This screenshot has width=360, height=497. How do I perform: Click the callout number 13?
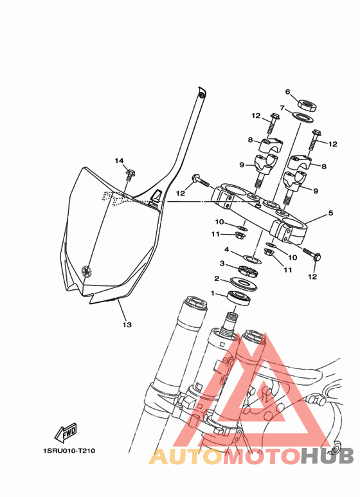[127, 325]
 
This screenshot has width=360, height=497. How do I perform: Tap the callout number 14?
[119, 161]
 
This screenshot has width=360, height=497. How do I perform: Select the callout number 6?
[287, 92]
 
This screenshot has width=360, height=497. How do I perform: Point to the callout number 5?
[331, 213]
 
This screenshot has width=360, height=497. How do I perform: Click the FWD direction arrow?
[66, 433]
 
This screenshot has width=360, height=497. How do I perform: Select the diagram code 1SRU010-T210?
[69, 451]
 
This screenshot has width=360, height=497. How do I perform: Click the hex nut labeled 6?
[307, 105]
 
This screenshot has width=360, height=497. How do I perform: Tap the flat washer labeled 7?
[302, 117]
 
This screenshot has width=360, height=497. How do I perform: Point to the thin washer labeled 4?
[252, 258]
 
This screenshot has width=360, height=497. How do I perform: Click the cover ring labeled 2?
[244, 283]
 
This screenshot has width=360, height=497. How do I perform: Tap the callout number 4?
[226, 249]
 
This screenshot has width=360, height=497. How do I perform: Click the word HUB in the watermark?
[327, 456]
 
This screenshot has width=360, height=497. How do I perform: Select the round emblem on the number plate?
[86, 271]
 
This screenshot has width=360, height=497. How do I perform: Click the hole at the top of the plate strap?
[202, 95]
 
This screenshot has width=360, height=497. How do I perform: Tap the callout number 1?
[213, 294]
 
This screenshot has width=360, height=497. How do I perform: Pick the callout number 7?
[282, 108]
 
